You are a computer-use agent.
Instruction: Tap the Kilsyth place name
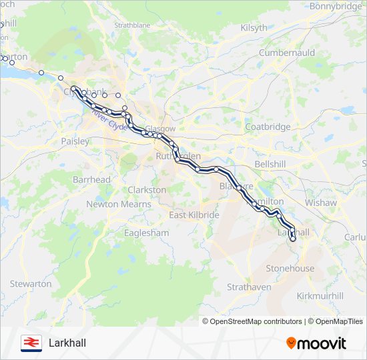tap(253, 28)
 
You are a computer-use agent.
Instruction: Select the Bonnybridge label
tap(334, 5)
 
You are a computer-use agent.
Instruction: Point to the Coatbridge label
tap(268, 127)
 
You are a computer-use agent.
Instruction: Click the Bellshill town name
tap(270, 163)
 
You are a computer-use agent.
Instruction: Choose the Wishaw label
tap(320, 202)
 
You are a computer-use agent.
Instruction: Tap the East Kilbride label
tap(194, 215)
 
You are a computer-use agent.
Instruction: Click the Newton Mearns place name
tap(111, 204)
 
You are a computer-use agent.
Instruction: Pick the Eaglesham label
tap(147, 233)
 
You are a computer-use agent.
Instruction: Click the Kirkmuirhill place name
tap(320, 294)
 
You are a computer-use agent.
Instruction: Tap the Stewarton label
tap(31, 283)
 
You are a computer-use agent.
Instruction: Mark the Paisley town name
tap(75, 141)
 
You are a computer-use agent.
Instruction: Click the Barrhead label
tap(91, 180)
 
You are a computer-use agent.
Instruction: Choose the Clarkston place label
tap(146, 190)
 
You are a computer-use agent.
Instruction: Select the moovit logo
tap(316, 343)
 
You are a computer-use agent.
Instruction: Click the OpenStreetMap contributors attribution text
tap(256, 321)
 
